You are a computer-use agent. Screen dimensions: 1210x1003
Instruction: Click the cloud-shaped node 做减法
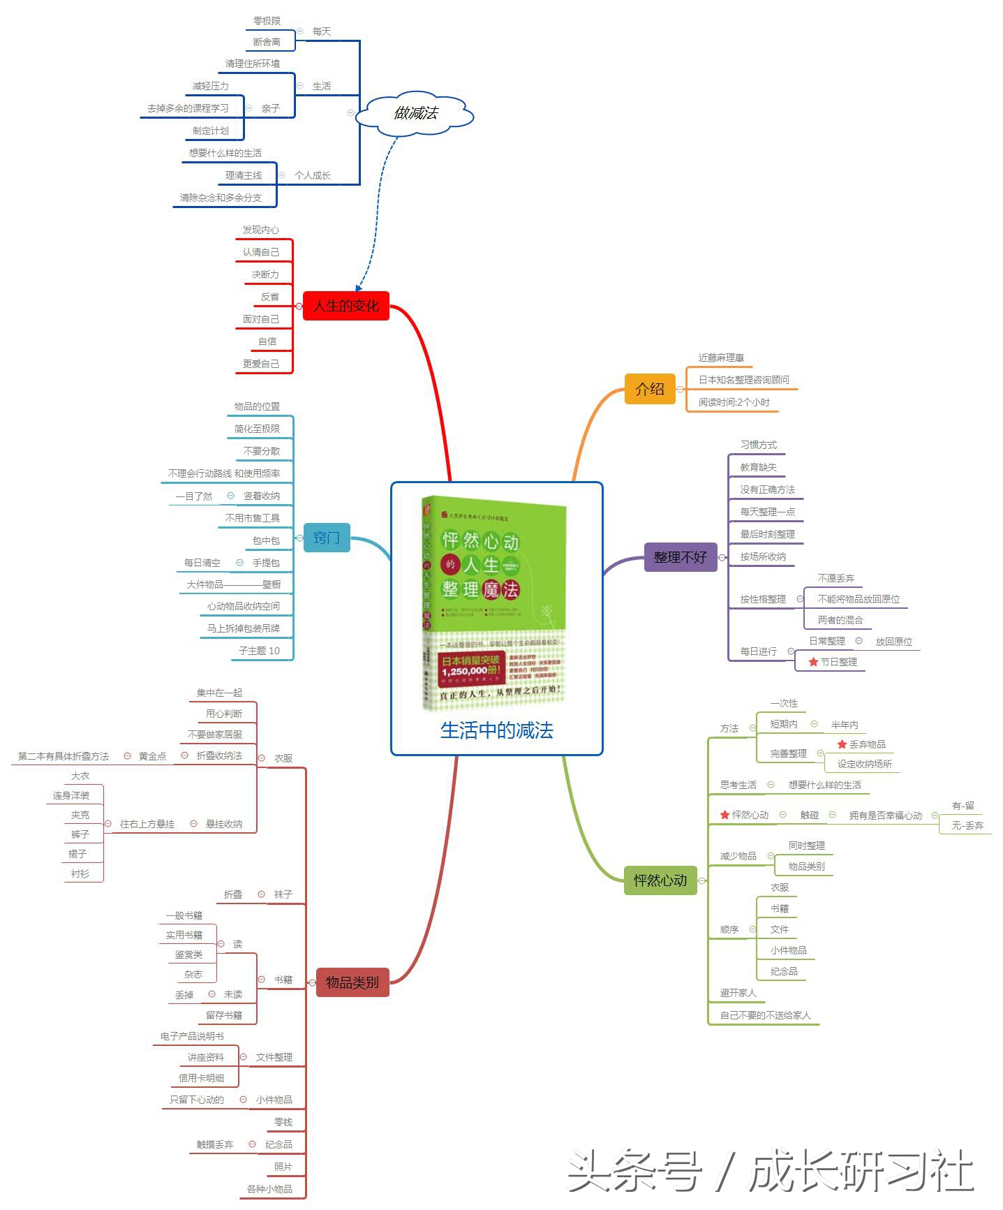pos(415,113)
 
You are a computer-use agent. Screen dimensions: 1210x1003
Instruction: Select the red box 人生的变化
pos(346,306)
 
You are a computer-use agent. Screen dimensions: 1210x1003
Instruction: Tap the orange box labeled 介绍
pos(649,389)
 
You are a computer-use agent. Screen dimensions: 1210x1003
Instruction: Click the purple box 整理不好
pos(680,557)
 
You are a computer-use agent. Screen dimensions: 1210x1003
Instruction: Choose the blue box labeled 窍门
pos(326,538)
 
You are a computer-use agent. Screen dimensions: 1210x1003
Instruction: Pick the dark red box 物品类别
pos(352,982)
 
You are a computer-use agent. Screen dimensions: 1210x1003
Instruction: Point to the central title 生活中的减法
pos(496,730)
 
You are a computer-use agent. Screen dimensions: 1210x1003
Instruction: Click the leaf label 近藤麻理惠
pos(721,357)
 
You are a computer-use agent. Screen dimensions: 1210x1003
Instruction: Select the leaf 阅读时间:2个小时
pos(734,402)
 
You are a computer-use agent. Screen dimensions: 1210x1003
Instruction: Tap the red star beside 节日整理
pos(813,662)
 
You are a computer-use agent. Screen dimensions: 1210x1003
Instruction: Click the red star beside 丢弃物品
pos(842,744)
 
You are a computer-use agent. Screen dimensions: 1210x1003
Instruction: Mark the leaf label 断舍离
pos(267,42)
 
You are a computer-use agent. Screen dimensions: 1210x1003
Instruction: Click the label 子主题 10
pos(259,651)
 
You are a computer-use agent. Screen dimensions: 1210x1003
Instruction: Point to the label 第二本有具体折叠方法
pos(64,756)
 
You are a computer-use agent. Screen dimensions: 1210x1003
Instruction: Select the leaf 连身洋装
pos(71,795)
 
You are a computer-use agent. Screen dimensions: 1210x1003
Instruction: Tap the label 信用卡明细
pos(201,1078)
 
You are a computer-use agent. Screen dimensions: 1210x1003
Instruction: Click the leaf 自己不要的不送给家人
pos(765,1015)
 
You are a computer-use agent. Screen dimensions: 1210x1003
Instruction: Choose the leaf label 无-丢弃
pos(967,825)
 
